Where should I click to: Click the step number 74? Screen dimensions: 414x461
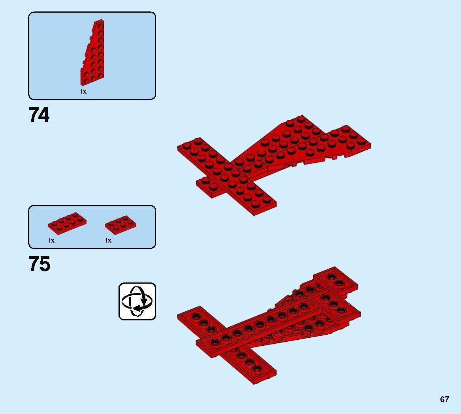pos(39,115)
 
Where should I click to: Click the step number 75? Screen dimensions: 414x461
pos(39,264)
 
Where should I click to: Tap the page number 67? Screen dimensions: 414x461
pos(444,399)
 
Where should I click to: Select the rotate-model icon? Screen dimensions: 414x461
pos(137,301)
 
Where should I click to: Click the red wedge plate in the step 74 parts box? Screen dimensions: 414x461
pos(94,55)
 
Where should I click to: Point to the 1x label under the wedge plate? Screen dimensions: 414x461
pos(83,92)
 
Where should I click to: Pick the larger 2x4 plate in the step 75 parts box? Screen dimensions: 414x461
pos(67,223)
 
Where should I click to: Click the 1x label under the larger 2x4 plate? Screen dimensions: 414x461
pos(51,240)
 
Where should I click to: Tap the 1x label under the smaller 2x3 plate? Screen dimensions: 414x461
pos(108,240)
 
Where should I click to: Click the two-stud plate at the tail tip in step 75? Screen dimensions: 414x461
pos(336,280)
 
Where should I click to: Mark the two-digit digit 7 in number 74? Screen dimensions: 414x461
pos(34,115)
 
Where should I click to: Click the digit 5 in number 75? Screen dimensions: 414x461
pos(45,264)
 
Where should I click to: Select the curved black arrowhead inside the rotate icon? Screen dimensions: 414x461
pos(138,307)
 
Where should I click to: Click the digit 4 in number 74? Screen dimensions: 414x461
pos(44,115)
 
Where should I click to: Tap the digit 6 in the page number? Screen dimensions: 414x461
pos(442,399)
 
